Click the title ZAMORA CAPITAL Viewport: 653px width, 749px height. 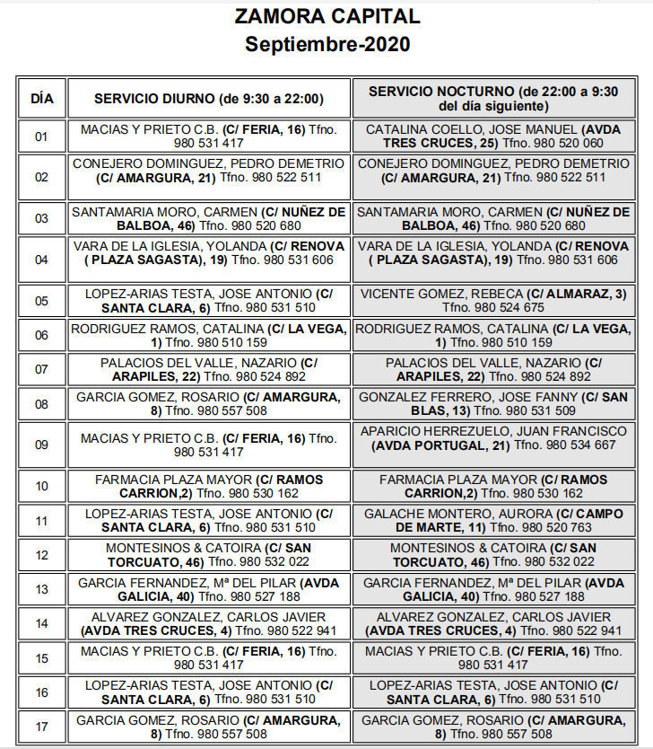point(326,16)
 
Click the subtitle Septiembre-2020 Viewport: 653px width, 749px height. point(326,43)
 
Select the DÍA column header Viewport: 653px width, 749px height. point(41,98)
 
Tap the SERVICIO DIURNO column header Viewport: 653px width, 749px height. point(208,98)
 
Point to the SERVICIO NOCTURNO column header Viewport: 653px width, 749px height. point(492,98)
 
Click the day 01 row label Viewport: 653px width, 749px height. point(41,137)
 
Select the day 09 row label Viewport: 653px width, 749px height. point(41,445)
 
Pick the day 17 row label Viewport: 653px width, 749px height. point(41,727)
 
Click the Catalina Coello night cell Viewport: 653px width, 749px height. point(492,137)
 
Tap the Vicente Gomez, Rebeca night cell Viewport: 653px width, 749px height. point(492,301)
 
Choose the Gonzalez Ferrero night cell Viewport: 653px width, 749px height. point(492,403)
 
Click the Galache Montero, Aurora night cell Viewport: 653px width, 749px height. point(492,520)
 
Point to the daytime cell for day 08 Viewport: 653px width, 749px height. point(208,403)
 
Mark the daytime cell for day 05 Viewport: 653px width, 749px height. point(208,301)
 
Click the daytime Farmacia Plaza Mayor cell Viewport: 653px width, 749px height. point(208,487)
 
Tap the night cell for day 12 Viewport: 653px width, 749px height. point(492,554)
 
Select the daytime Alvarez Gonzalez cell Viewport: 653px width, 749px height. point(208,623)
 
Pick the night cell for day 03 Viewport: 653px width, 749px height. point(492,219)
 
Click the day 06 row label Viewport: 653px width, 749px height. point(41,335)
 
